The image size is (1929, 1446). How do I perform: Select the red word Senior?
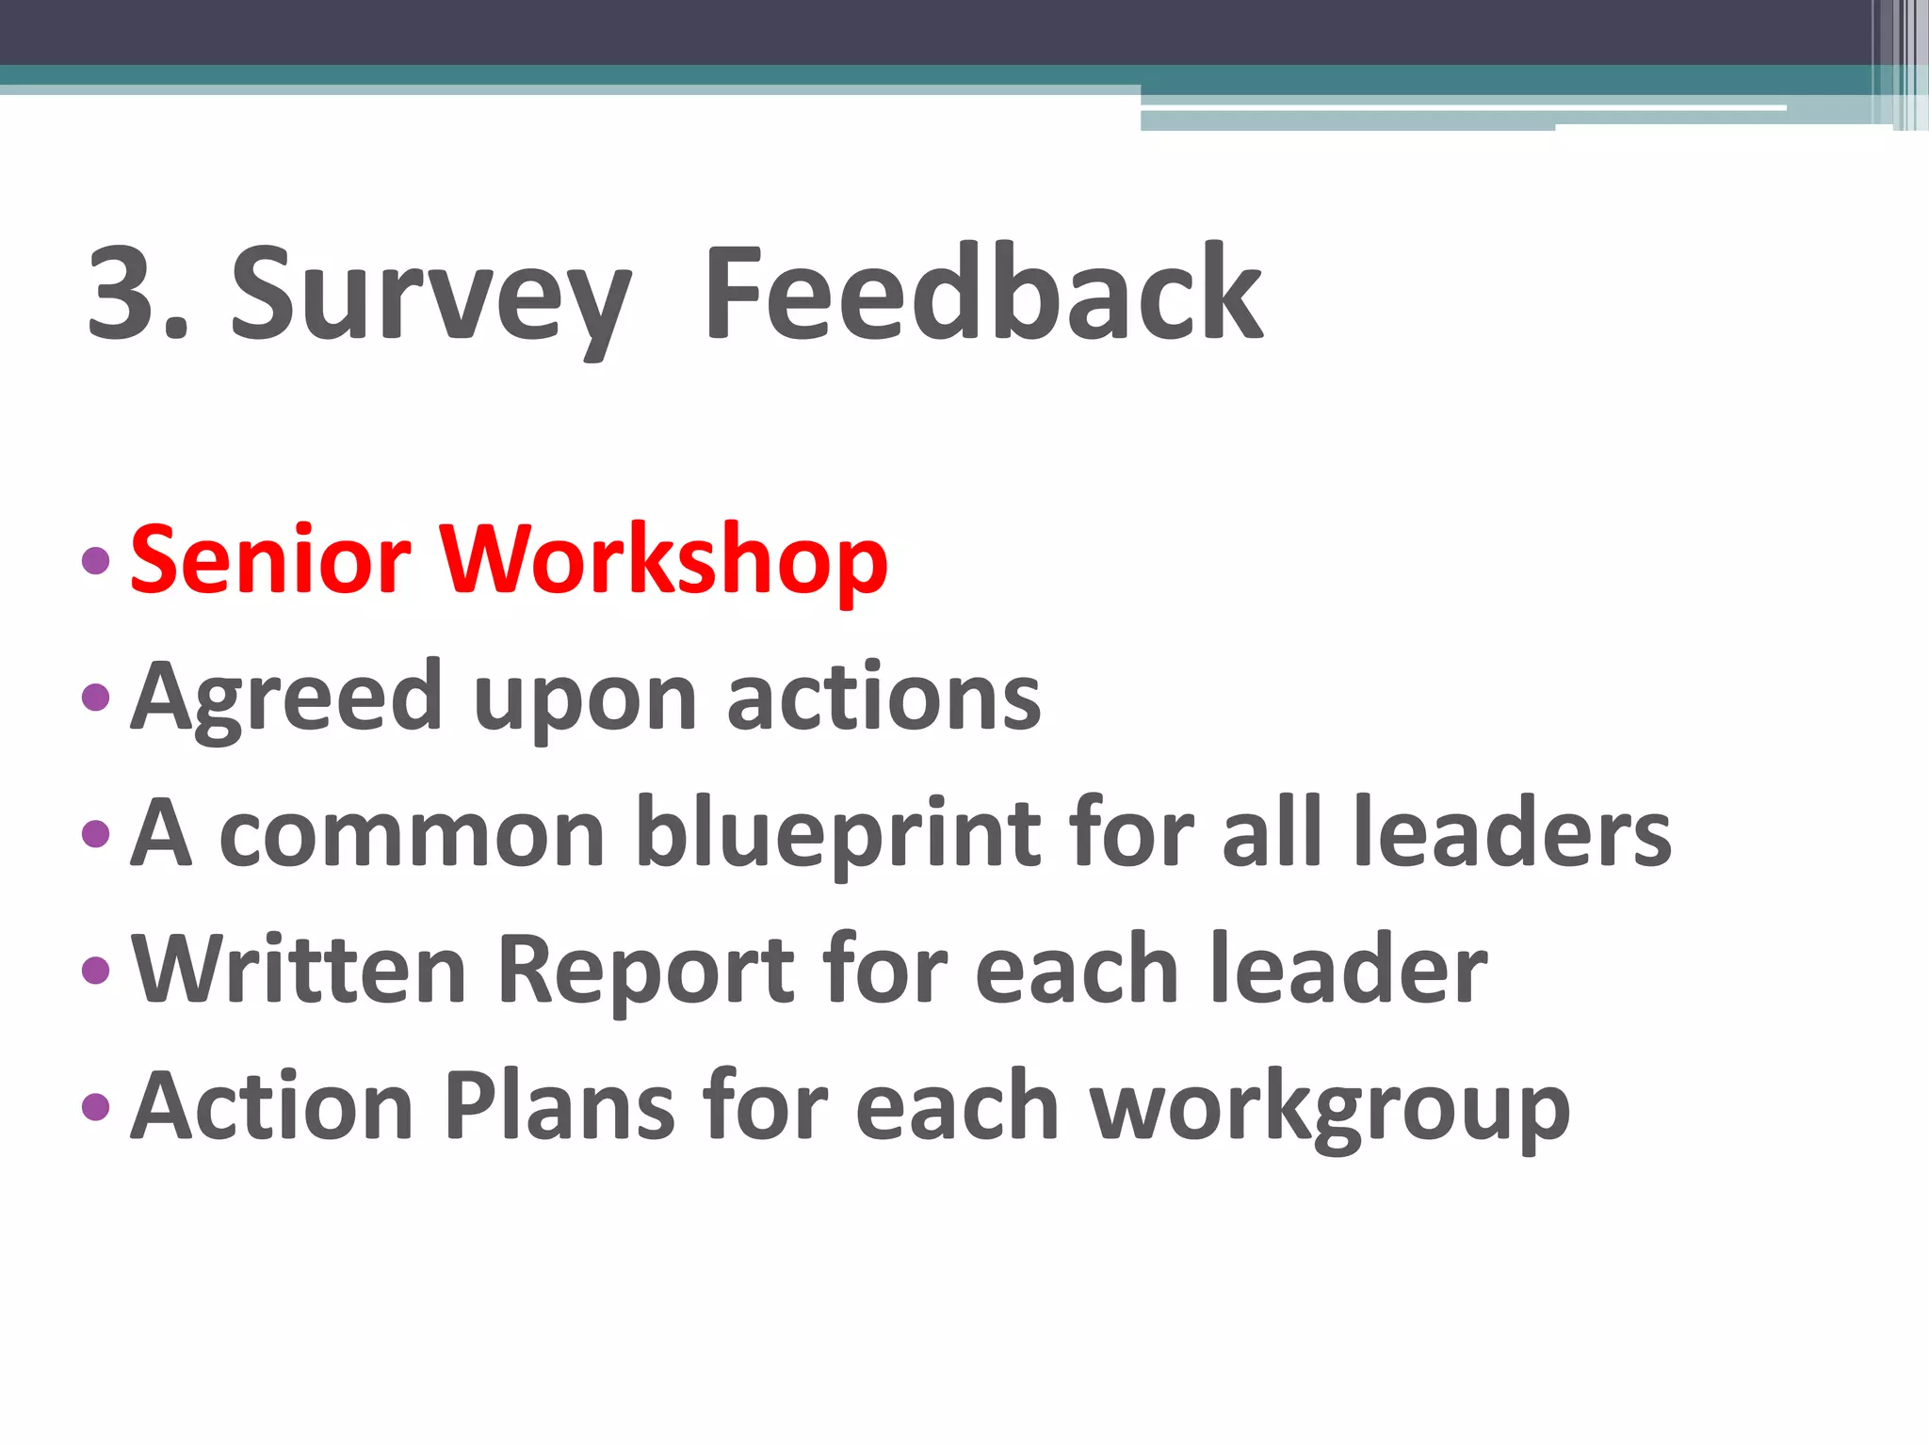(271, 560)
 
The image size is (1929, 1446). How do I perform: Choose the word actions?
(884, 698)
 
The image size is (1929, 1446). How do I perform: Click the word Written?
(300, 970)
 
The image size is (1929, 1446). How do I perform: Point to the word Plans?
(559, 1106)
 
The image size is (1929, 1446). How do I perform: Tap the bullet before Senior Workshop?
(96, 561)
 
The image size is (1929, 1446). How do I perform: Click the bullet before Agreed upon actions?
(96, 698)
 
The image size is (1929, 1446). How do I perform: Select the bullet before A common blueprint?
(96, 834)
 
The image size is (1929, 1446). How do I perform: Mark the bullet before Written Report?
(96, 970)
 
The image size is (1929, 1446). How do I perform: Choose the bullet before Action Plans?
(96, 1106)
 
